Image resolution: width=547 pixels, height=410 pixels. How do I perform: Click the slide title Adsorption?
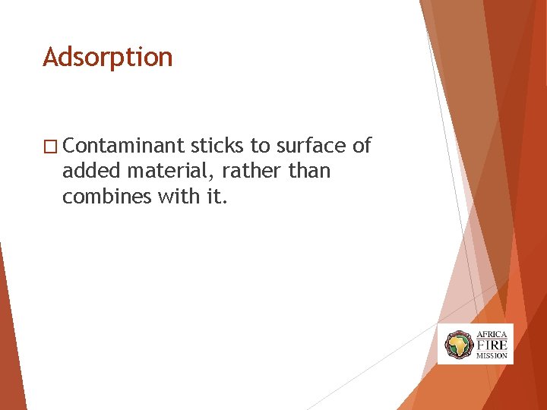point(108,58)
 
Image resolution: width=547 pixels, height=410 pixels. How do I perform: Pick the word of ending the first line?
point(362,146)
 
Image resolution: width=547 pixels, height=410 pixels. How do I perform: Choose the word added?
point(88,171)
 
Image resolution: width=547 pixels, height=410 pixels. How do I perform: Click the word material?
point(166,172)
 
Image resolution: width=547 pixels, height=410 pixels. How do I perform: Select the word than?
point(310,171)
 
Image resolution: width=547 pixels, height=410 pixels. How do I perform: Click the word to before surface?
point(261,146)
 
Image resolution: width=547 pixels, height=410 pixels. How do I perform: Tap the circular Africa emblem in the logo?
point(459,345)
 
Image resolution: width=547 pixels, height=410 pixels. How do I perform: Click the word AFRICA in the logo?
point(492,334)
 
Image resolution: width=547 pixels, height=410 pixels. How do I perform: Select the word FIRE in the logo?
point(492,345)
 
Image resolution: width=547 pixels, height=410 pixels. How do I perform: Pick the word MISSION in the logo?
point(492,355)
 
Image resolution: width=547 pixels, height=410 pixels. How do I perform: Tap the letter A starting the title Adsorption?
point(50,58)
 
